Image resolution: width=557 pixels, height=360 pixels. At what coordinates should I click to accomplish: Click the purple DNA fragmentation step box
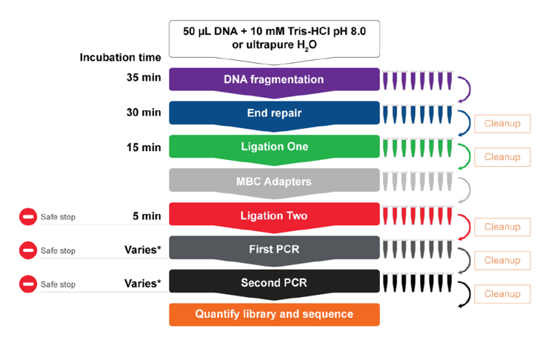[x=274, y=79]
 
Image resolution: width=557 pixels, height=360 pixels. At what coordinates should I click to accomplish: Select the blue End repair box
[x=274, y=113]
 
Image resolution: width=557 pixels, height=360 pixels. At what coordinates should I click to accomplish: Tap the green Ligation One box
[x=274, y=147]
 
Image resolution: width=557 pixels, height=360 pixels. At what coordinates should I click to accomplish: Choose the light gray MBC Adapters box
[x=274, y=181]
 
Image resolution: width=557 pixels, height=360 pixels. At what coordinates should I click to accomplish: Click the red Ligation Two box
[x=274, y=216]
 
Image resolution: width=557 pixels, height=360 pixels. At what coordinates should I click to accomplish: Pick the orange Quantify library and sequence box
[x=274, y=314]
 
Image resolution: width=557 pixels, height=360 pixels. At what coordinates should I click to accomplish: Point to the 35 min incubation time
[x=143, y=78]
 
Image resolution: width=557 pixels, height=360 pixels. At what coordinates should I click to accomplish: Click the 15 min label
[x=143, y=147]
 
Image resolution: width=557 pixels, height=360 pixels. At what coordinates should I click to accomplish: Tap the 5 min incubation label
[x=147, y=216]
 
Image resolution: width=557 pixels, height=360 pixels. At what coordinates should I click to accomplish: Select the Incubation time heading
[x=120, y=57]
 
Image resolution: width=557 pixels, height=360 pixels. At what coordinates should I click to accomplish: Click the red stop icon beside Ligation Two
[x=27, y=217]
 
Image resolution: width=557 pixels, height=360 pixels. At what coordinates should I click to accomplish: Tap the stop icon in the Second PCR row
[x=27, y=284]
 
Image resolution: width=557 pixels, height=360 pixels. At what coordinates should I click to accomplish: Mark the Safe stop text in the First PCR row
[x=58, y=250]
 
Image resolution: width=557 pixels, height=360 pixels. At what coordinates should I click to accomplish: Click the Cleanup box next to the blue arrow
[x=502, y=124]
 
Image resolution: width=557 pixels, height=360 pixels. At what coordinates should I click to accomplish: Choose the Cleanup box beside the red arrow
[x=502, y=227]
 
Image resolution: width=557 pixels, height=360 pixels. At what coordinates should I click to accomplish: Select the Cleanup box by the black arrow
[x=502, y=294]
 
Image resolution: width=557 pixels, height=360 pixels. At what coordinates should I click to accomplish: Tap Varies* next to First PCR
[x=142, y=250]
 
